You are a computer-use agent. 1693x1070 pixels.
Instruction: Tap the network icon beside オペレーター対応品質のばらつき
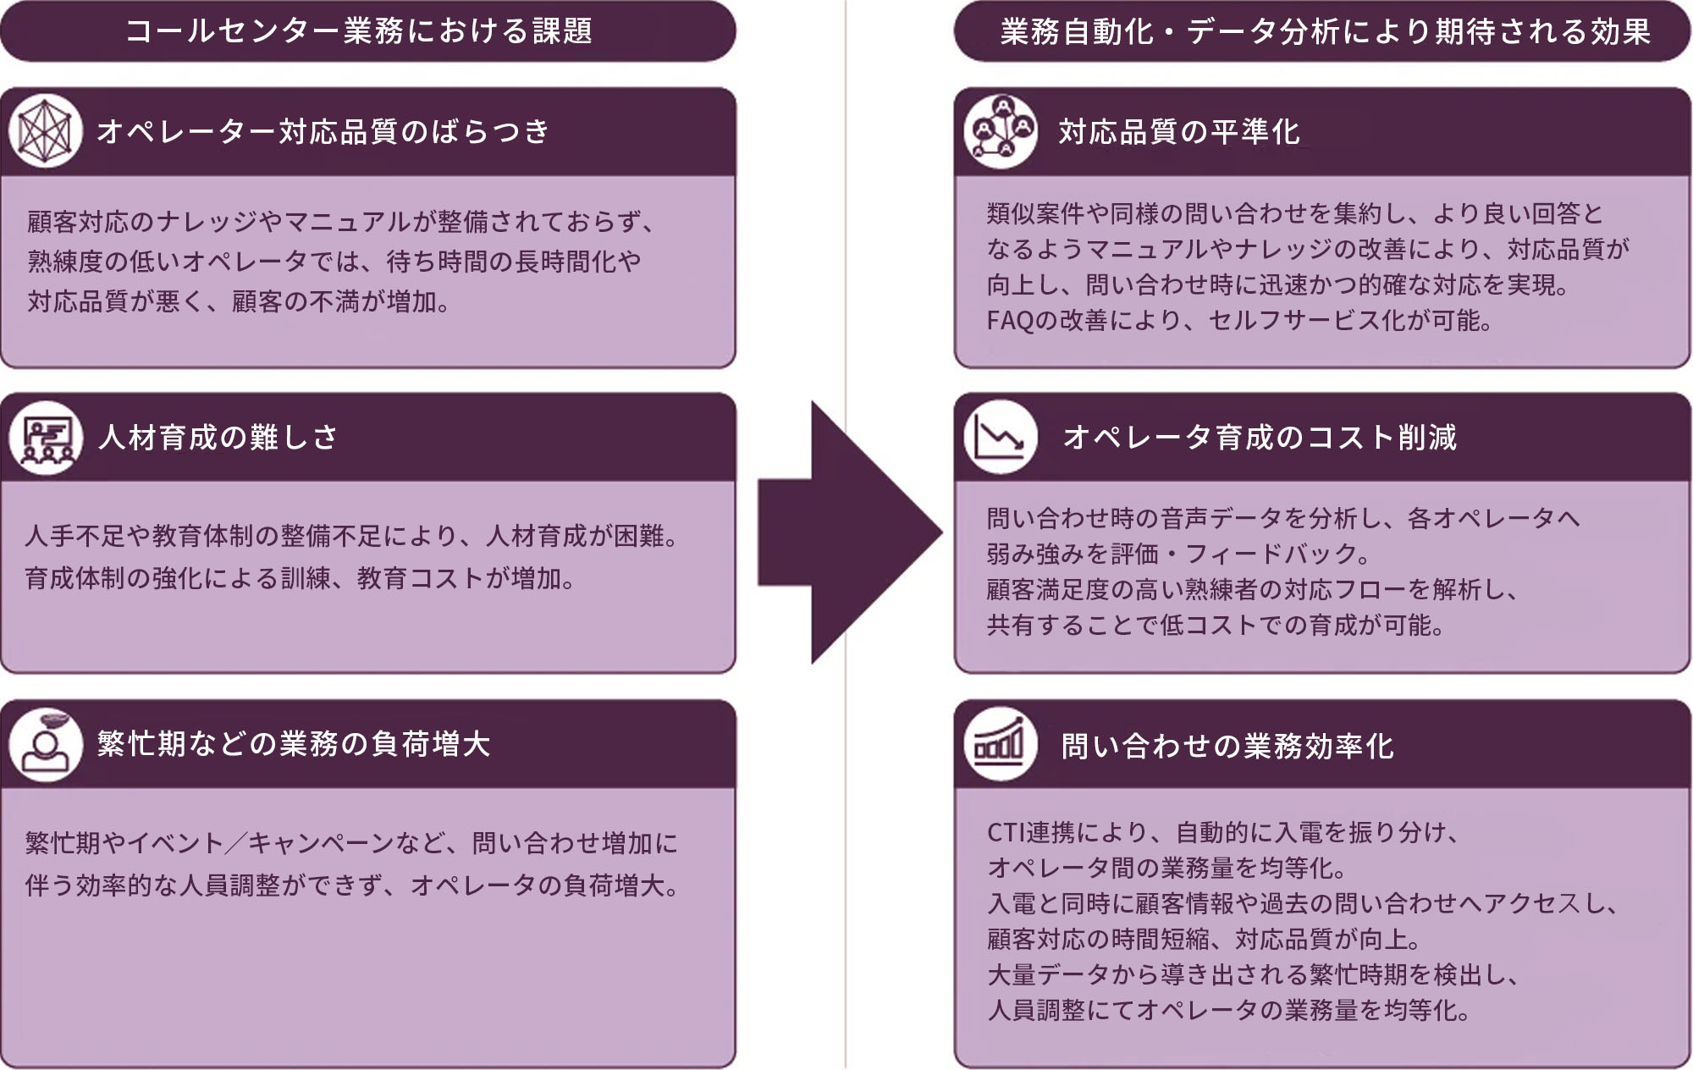click(46, 131)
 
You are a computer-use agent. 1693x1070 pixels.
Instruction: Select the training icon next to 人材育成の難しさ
click(46, 438)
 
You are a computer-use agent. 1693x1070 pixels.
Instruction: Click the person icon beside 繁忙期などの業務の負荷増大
click(46, 744)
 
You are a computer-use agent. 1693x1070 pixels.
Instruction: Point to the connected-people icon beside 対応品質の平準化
click(1000, 131)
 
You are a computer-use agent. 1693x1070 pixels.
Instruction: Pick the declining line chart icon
click(1000, 438)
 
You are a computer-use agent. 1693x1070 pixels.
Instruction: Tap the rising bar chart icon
click(1000, 745)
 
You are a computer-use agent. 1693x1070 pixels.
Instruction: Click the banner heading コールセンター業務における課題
click(359, 31)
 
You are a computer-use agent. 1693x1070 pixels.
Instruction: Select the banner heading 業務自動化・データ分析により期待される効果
click(1325, 31)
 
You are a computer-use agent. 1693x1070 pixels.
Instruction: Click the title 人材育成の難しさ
click(218, 438)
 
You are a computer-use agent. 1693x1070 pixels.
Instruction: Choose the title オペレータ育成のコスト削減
click(1259, 438)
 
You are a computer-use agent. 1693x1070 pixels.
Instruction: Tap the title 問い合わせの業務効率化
click(1227, 746)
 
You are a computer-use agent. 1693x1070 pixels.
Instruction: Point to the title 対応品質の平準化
click(1179, 132)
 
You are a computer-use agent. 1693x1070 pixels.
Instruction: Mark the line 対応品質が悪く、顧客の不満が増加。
click(239, 301)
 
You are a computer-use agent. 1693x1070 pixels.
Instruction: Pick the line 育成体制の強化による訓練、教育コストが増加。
click(301, 578)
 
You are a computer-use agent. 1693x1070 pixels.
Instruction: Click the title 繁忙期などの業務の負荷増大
click(293, 744)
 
